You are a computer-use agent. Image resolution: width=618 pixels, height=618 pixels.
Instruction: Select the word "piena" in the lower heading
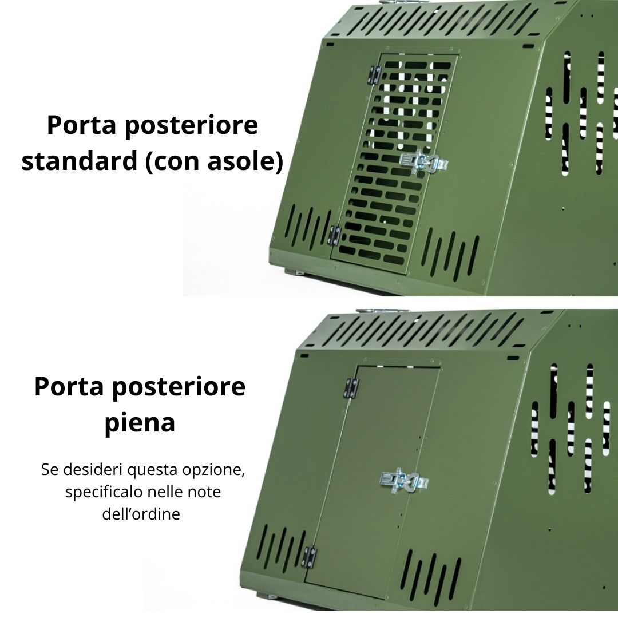tap(140, 423)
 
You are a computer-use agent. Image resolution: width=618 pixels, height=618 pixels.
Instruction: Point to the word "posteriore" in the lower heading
tap(179, 387)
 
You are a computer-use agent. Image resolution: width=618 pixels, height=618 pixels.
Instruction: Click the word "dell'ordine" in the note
tap(141, 514)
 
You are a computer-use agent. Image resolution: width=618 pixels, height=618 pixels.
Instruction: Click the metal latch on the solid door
tap(405, 481)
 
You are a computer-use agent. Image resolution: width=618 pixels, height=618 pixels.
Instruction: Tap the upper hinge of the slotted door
tap(375, 75)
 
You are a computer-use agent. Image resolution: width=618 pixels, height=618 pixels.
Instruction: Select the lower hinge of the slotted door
tap(335, 235)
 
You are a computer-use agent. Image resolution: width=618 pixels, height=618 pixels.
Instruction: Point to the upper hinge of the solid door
tap(352, 388)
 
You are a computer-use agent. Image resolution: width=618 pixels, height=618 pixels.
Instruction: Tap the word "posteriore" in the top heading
tap(192, 125)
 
